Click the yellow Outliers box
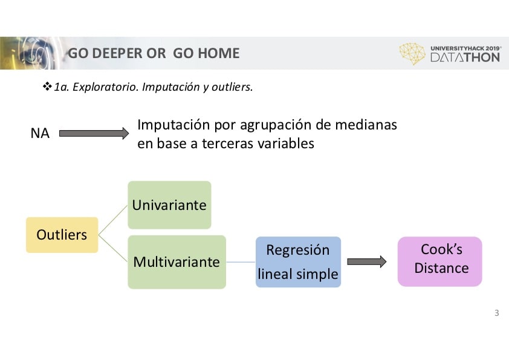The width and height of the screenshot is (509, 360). [x=62, y=235]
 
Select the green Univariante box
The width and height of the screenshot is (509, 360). [x=169, y=205]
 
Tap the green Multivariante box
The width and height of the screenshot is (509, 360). [x=177, y=262]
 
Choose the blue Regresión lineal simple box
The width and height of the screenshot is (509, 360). [x=298, y=262]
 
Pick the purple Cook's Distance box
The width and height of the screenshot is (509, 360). [x=440, y=261]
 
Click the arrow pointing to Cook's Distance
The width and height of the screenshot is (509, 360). [x=367, y=261]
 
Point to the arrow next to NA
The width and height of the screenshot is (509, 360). [x=94, y=133]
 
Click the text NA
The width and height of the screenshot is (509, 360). [x=40, y=133]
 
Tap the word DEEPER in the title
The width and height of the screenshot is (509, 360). [x=117, y=53]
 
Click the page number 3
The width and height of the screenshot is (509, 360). [x=497, y=313]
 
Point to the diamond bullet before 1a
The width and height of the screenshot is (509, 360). [x=47, y=87]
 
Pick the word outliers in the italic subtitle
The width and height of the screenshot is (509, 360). [x=232, y=87]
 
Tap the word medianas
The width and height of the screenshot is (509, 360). [x=366, y=125]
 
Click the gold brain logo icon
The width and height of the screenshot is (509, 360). [x=412, y=54]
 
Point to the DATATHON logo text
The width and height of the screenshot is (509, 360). [x=465, y=57]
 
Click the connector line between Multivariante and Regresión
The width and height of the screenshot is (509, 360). [x=241, y=262]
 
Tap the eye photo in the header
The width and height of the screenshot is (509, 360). [x=31, y=53]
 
